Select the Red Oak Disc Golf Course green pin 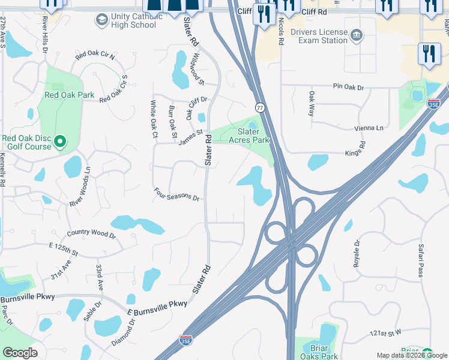(x=59, y=142)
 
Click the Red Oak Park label (x=69, y=95)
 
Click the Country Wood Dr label (x=91, y=233)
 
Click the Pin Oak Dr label (x=348, y=87)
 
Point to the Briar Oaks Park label (x=315, y=352)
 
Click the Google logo (x=20, y=353)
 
